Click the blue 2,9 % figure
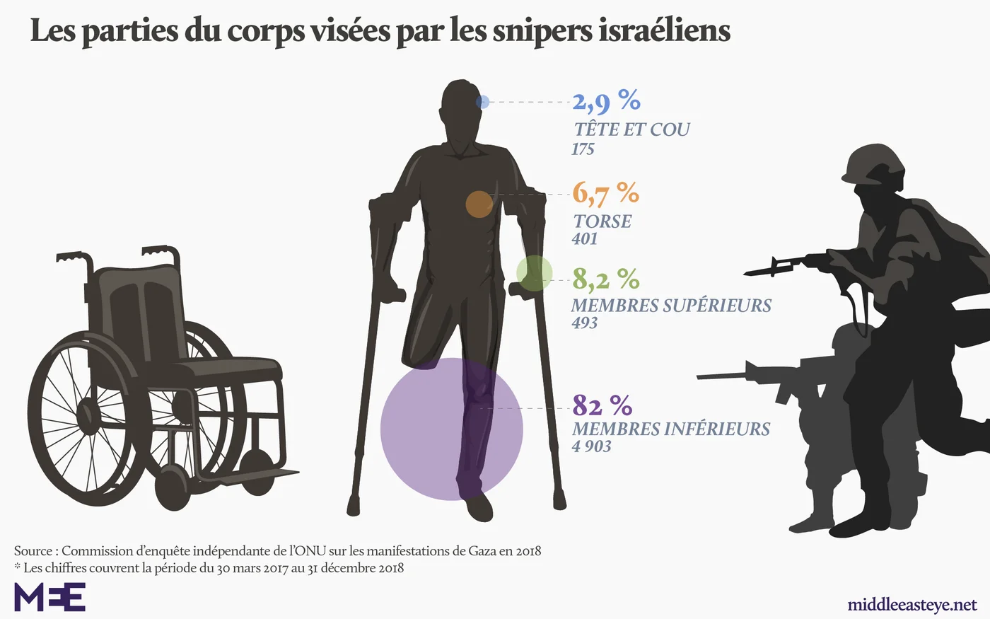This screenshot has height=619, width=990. [607, 101]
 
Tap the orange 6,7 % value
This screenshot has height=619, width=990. [606, 194]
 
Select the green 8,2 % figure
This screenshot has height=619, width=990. [606, 279]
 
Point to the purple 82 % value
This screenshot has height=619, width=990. [602, 405]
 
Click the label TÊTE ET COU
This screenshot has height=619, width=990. [631, 129]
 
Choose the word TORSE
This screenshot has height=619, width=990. [602, 221]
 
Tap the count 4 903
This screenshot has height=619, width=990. [591, 446]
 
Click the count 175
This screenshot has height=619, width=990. [583, 149]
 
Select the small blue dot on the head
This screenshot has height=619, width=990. [482, 102]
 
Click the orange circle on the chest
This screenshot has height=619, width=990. [479, 204]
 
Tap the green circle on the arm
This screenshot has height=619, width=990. [535, 273]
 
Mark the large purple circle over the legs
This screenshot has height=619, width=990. [452, 429]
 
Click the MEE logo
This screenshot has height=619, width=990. [50, 596]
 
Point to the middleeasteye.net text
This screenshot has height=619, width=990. [912, 605]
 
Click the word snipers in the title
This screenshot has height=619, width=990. [542, 32]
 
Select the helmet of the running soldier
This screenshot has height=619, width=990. [873, 164]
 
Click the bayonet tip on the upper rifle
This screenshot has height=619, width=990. [745, 274]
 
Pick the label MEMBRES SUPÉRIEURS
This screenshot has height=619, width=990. [671, 306]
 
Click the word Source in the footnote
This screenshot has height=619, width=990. [33, 551]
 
